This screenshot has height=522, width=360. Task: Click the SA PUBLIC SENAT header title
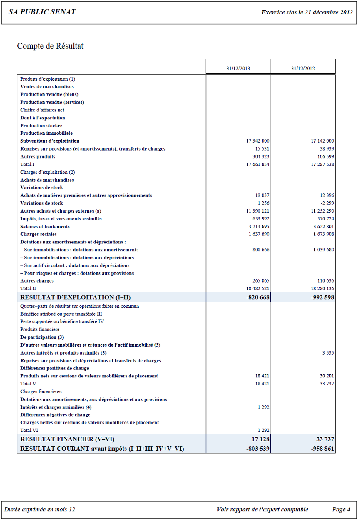click(42, 12)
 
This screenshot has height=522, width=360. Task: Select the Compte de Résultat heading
click(50, 46)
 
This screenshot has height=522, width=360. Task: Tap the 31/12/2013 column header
click(238, 68)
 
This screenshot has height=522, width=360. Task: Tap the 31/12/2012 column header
click(303, 68)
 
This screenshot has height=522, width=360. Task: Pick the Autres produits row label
click(38, 157)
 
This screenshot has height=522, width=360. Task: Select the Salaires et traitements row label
click(45, 227)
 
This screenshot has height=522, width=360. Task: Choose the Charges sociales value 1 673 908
click(323, 234)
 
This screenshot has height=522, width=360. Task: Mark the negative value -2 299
click(327, 203)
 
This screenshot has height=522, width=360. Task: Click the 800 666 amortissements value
click(261, 250)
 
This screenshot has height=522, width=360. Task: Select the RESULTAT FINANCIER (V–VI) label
click(67, 439)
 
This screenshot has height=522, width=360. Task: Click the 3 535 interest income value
click(328, 353)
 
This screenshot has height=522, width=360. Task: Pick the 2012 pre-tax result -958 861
click(323, 448)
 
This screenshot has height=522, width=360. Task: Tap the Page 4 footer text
click(341, 509)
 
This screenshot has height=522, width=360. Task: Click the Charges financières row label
click(41, 392)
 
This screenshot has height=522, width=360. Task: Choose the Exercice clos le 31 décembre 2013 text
click(307, 12)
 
